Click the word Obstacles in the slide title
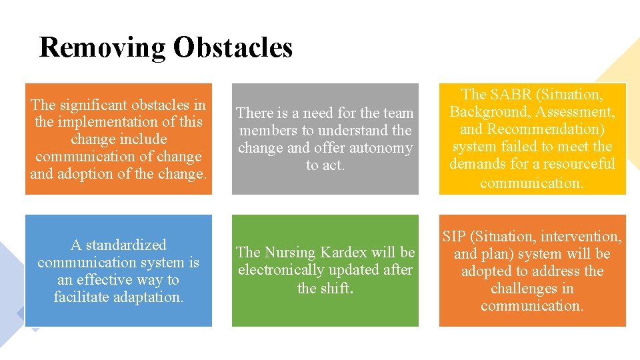point(233,48)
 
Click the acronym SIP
point(453,237)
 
